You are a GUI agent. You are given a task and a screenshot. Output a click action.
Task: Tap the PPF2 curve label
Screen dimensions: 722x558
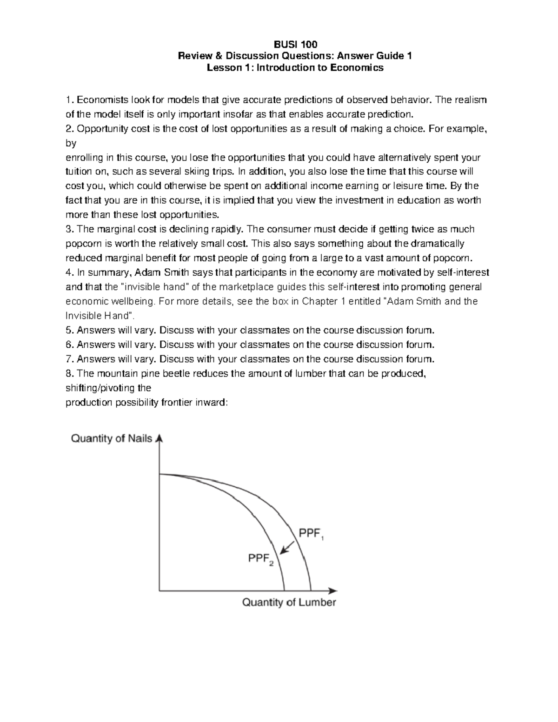260,559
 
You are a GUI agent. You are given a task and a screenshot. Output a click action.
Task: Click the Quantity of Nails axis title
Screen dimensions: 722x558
111,438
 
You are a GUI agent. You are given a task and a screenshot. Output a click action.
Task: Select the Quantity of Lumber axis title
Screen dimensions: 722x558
289,603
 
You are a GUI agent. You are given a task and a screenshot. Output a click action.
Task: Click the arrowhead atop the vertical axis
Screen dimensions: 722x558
159,438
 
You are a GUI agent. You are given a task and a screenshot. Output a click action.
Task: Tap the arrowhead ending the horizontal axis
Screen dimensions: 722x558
333,591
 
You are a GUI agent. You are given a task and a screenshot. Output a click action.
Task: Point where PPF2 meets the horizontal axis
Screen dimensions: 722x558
284,590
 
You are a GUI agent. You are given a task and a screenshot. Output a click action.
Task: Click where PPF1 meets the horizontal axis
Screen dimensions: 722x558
311,590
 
